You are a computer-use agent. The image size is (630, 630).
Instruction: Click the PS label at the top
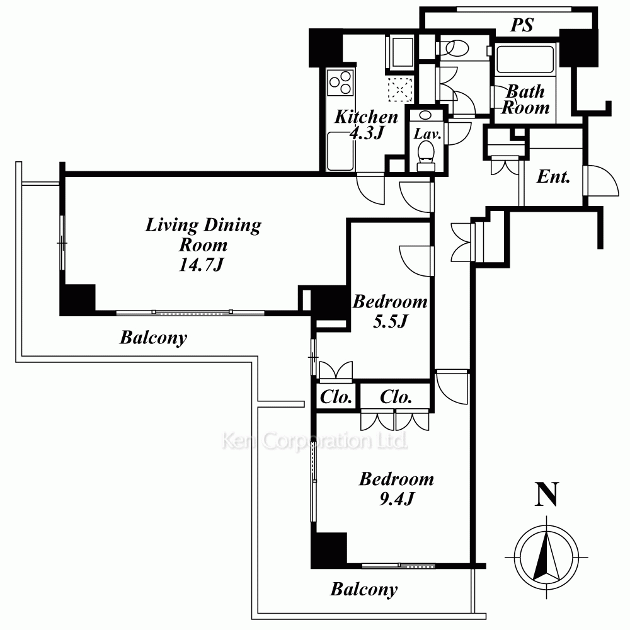(x=522, y=25)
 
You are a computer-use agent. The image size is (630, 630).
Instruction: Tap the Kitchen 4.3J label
(x=366, y=125)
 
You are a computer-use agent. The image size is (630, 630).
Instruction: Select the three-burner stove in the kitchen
(x=340, y=82)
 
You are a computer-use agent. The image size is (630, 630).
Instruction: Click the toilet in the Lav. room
(x=426, y=157)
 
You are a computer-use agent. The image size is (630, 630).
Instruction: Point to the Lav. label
(x=427, y=134)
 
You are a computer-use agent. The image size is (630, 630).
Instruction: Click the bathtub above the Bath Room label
(x=525, y=59)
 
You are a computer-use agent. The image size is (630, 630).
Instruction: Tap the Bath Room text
(x=525, y=100)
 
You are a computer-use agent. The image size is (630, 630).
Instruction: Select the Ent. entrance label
(x=553, y=177)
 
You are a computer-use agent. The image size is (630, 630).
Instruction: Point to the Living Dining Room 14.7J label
(x=203, y=244)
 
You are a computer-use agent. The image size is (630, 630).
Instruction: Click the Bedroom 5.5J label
(x=390, y=311)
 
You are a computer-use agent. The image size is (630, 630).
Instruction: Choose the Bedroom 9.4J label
(x=396, y=489)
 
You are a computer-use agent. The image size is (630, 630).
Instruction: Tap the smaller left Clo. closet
(x=336, y=397)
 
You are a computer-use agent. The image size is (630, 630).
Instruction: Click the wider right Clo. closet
(x=396, y=397)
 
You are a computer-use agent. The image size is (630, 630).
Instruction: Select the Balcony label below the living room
(x=154, y=338)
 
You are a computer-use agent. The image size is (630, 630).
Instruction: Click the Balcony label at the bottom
(x=364, y=590)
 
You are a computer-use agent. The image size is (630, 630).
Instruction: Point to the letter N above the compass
(x=547, y=495)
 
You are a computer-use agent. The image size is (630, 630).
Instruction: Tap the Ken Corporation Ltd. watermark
(x=314, y=441)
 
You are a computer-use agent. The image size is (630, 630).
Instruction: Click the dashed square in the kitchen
(x=400, y=89)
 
